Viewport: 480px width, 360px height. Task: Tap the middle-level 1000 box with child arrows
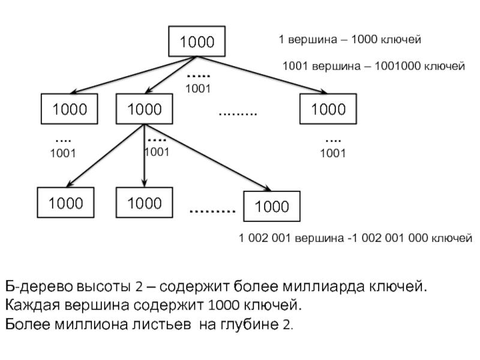pos(145,109)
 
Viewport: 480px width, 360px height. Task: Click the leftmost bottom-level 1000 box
pos(66,203)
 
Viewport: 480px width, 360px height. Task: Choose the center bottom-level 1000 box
pos(145,203)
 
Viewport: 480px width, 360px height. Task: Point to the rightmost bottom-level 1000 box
pos(272,207)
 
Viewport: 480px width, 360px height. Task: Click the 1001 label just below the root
pos(197,89)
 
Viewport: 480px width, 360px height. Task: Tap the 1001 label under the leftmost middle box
pos(62,154)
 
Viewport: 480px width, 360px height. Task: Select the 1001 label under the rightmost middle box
pos(332,154)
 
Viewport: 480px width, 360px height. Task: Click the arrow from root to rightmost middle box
pos(264,76)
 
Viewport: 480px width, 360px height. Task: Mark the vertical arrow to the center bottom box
pos(145,156)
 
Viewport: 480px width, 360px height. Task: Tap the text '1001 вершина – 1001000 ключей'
pos(374,67)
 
